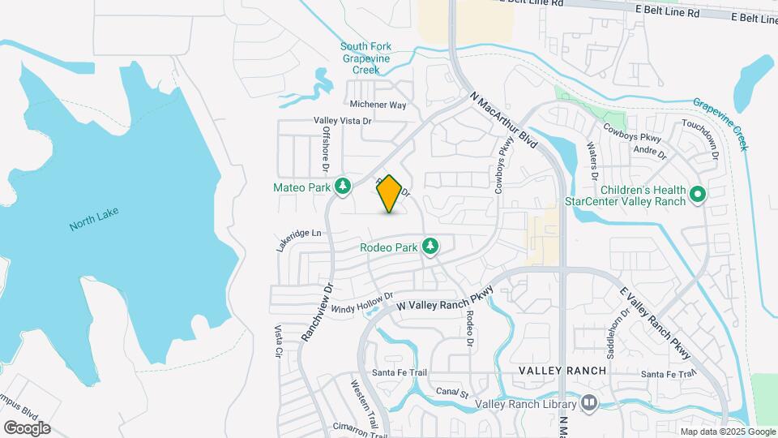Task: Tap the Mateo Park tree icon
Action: click(344, 187)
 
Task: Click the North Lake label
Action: click(94, 218)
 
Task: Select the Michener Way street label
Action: click(378, 105)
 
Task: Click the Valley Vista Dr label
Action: click(342, 121)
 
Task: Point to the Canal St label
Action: click(453, 392)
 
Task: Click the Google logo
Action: click(27, 427)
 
